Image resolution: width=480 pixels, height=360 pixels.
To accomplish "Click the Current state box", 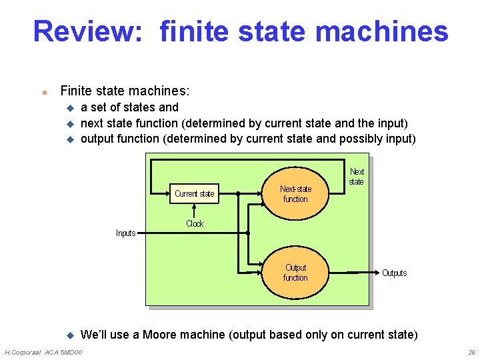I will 195,193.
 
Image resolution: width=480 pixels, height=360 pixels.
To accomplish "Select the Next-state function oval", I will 295,194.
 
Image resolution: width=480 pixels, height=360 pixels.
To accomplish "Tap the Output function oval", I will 295,273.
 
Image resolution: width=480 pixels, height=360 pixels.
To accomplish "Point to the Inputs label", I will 125,233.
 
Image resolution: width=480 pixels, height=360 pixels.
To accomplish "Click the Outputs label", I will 394,273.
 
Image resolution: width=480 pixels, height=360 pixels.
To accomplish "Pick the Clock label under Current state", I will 195,223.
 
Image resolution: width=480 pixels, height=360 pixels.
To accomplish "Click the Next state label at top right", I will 357,177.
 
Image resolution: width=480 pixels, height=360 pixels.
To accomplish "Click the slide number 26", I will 471,352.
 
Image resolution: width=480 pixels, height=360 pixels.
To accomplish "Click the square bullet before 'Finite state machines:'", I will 43,91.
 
